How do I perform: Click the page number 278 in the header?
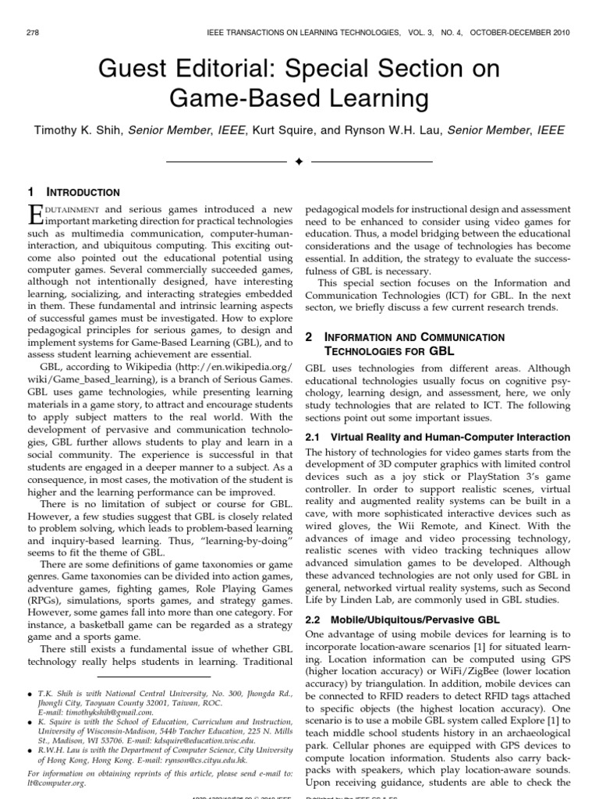(32, 31)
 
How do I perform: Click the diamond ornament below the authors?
(299, 162)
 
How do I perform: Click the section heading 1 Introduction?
(73, 191)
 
